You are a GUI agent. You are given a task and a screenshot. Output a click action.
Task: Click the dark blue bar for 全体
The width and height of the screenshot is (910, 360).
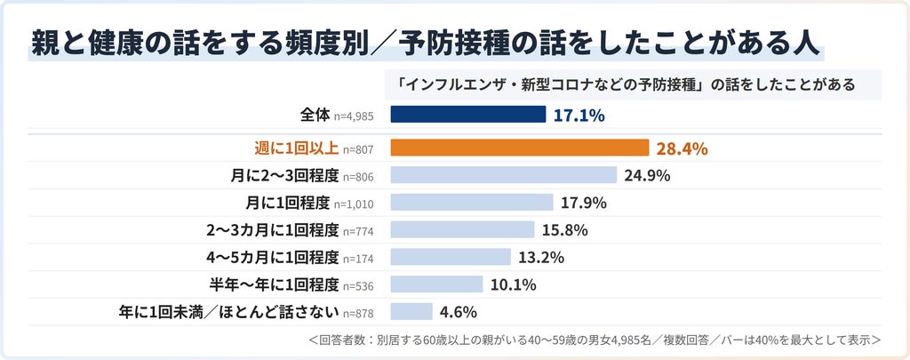(467, 115)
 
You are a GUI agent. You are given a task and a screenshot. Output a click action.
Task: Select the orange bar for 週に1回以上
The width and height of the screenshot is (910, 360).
(519, 148)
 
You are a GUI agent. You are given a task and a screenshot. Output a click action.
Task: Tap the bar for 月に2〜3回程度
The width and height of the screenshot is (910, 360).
(503, 175)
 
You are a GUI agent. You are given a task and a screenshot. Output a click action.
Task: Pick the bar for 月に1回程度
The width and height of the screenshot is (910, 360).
(472, 202)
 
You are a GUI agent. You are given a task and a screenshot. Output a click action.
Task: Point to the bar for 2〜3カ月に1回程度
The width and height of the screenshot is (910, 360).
(462, 229)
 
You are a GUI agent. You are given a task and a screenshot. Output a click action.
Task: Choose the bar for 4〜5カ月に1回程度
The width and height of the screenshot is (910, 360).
(451, 257)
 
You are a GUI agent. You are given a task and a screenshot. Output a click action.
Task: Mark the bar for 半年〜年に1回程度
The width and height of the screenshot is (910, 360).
(436, 284)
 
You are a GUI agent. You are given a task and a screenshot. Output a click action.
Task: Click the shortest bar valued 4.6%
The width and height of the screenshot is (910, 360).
(411, 311)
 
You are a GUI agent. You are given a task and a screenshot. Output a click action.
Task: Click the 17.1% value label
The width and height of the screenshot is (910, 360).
(579, 116)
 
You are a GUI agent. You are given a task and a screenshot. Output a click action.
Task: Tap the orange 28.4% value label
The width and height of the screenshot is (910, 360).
(682, 149)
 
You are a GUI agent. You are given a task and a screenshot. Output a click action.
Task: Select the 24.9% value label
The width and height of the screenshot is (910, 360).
(647, 175)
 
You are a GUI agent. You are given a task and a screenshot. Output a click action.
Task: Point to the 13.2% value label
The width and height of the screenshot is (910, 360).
(541, 257)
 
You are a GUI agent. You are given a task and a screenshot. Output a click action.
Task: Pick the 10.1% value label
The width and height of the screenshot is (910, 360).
(513, 284)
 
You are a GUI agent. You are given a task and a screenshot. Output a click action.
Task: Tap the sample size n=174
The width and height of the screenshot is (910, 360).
(357, 259)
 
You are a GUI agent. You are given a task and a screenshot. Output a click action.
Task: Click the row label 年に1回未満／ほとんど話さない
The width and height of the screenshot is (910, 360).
(228, 312)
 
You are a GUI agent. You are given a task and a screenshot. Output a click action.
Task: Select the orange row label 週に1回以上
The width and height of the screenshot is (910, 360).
(297, 148)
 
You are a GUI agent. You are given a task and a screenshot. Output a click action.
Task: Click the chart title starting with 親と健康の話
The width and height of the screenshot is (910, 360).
(425, 44)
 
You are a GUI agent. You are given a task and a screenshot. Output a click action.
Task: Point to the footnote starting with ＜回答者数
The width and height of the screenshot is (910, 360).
(595, 340)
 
